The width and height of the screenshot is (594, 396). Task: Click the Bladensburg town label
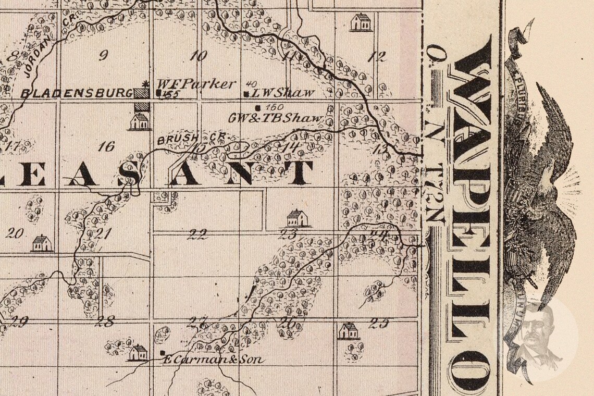point(77,93)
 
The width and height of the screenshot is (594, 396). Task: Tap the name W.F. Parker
point(196,84)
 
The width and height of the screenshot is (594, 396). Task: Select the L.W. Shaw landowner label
point(283,93)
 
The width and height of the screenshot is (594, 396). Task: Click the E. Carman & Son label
point(214,360)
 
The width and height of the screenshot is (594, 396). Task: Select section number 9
point(103,56)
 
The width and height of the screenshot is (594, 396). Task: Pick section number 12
point(376,57)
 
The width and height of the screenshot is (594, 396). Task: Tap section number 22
point(197,234)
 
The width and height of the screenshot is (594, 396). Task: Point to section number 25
point(379,323)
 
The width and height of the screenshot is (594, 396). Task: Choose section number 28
point(105,321)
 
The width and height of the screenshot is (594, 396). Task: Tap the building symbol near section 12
point(360,22)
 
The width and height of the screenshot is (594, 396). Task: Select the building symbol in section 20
point(41,243)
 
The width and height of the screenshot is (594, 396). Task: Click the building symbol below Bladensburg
point(139,121)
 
